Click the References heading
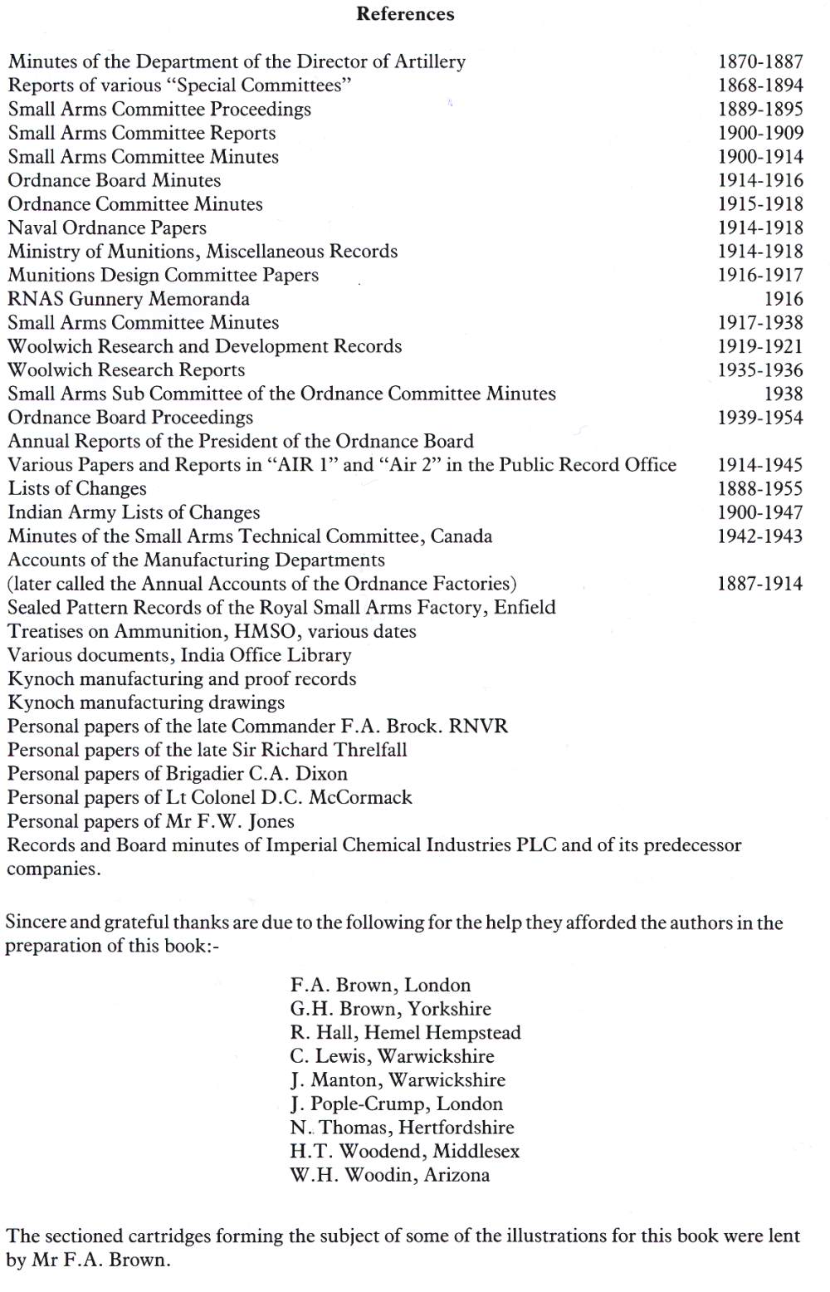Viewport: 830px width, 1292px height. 405,14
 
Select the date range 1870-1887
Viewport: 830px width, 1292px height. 760,61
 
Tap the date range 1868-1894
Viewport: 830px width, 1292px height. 760,86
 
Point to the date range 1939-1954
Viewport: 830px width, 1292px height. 760,418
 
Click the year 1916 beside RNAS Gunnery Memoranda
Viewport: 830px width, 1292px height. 784,299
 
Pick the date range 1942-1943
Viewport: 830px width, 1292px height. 760,536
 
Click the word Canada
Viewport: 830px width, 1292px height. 461,536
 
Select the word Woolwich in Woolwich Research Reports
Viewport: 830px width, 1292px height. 46,370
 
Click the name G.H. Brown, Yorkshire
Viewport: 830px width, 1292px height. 390,1010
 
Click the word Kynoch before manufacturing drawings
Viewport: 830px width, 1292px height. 41,703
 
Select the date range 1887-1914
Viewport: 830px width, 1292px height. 760,584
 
